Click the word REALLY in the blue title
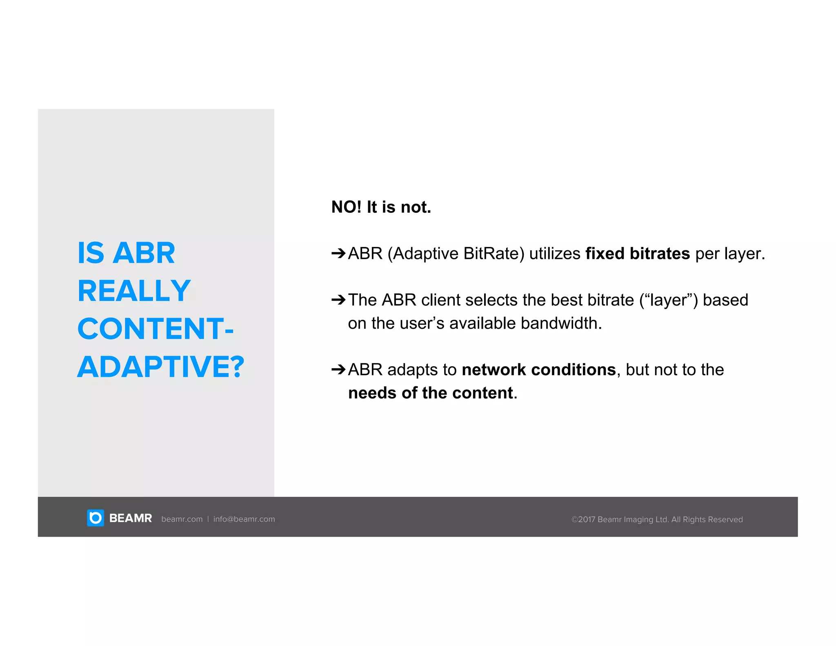[x=134, y=291]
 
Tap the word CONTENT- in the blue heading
[x=155, y=329]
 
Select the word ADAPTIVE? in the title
[x=160, y=367]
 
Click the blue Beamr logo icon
[x=96, y=518]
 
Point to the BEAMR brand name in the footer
[x=131, y=519]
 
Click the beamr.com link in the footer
[x=182, y=519]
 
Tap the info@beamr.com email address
[x=244, y=519]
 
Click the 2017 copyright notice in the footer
[x=657, y=519]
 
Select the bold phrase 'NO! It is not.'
[x=381, y=207]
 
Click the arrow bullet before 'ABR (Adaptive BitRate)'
[x=338, y=254]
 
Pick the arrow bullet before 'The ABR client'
[x=338, y=300]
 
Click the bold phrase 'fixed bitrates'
[x=638, y=254]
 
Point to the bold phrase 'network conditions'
[x=538, y=370]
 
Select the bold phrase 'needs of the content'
[x=430, y=393]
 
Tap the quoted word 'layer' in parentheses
[x=668, y=301]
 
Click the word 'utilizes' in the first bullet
[x=555, y=254]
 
